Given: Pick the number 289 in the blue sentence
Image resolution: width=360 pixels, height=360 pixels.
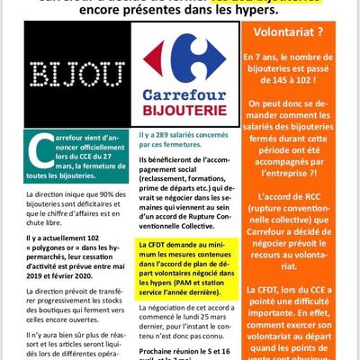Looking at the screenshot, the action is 166,133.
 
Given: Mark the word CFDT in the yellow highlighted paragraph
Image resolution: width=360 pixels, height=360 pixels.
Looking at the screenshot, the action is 163,243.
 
